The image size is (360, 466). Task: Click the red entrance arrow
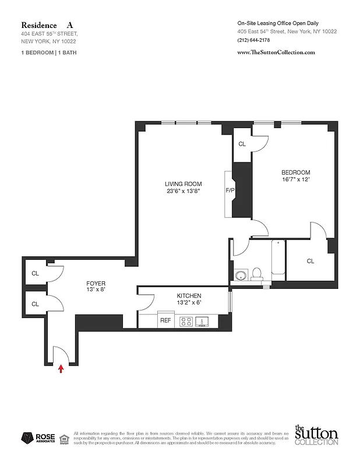(61, 368)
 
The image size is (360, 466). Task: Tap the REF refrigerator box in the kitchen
(166, 320)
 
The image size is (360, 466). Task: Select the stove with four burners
(186, 320)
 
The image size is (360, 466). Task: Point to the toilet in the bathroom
(257, 273)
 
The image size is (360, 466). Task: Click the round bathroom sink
(240, 274)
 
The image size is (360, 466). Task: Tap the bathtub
(278, 259)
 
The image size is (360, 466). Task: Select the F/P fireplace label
(230, 190)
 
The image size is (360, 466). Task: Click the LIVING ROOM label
(183, 184)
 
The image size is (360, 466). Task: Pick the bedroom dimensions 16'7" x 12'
(295, 180)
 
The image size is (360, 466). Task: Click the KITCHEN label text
(189, 296)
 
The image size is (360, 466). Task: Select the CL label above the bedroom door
(242, 143)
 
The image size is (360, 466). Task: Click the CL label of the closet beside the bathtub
(310, 261)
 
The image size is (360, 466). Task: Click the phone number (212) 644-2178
(253, 40)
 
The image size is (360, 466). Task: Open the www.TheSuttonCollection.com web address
(276, 52)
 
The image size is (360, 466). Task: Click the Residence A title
(47, 25)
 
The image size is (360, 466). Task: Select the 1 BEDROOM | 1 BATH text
(48, 52)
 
